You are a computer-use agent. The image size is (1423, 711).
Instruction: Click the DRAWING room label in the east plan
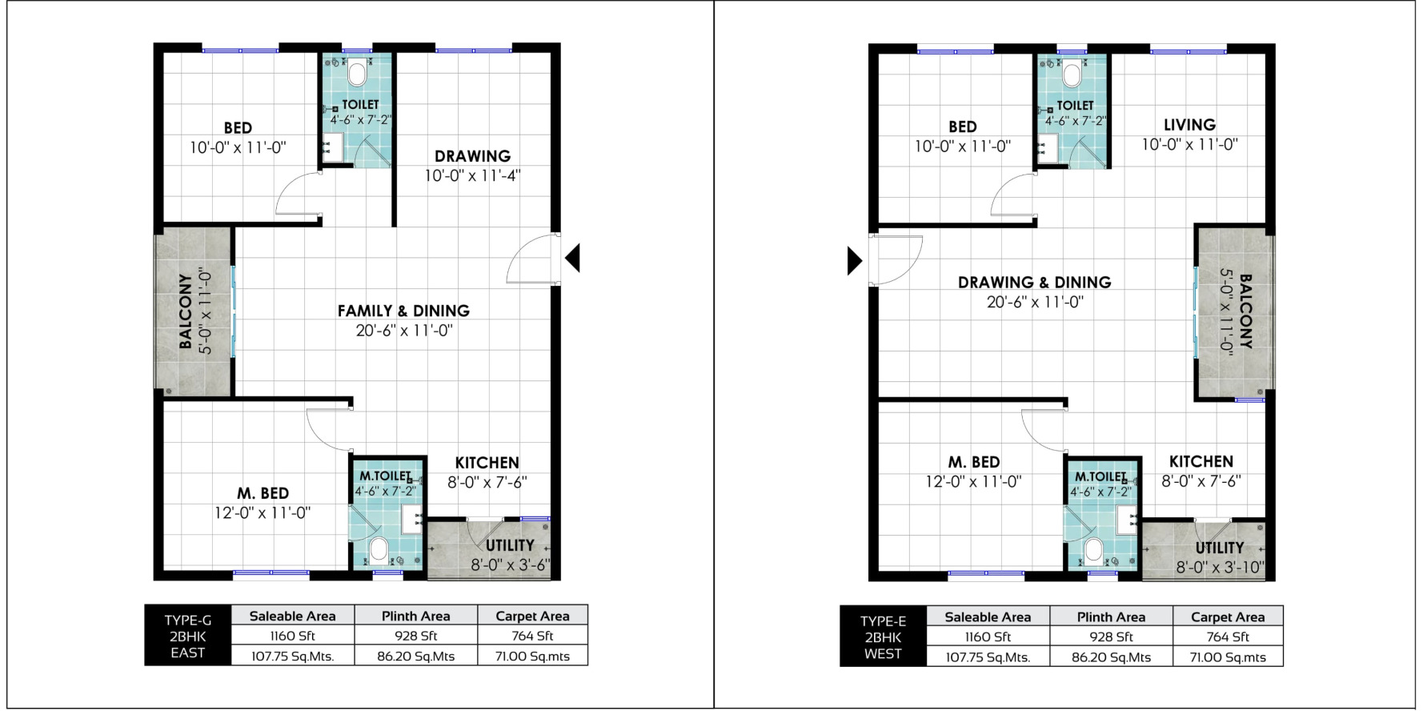point(472,156)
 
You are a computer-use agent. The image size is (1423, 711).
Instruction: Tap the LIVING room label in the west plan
point(1189,125)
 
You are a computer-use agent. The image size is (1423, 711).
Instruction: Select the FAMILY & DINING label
point(403,311)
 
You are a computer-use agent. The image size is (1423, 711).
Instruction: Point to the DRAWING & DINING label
point(1035,282)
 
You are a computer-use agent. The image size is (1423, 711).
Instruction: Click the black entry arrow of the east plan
point(572,258)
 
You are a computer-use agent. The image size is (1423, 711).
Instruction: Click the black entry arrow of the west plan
point(855,260)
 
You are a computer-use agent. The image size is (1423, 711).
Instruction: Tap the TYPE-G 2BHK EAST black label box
point(187,636)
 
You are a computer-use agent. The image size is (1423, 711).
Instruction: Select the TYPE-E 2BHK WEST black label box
point(884,637)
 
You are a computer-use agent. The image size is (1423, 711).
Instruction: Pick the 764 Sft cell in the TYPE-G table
point(533,637)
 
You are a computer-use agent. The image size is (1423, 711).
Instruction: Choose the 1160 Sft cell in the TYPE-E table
point(988,637)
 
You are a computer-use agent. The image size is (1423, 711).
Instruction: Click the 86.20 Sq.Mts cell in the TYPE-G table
point(416,657)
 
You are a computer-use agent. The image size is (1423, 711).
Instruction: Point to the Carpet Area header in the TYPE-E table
point(1228,617)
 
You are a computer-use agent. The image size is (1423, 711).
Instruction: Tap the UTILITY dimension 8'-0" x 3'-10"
point(1220,568)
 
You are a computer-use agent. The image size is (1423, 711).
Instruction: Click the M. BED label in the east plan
point(263,493)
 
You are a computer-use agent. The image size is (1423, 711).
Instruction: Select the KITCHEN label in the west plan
point(1201,462)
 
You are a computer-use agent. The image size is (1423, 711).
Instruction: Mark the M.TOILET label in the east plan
point(385,476)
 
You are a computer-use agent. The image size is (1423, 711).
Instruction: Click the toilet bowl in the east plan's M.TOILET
point(379,550)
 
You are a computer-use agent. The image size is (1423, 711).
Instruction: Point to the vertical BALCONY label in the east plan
point(186,311)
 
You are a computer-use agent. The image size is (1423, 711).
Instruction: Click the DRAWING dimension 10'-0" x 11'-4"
point(472,175)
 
